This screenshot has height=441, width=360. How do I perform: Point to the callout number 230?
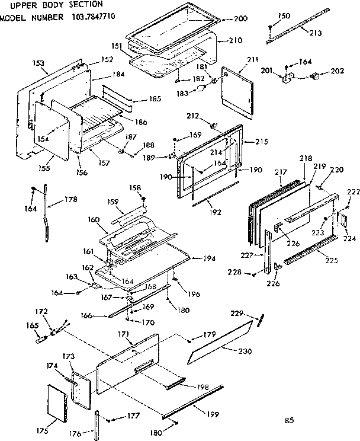[244, 351]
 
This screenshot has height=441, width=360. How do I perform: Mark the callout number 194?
[208, 259]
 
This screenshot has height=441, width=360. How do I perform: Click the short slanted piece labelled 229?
[259, 321]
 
